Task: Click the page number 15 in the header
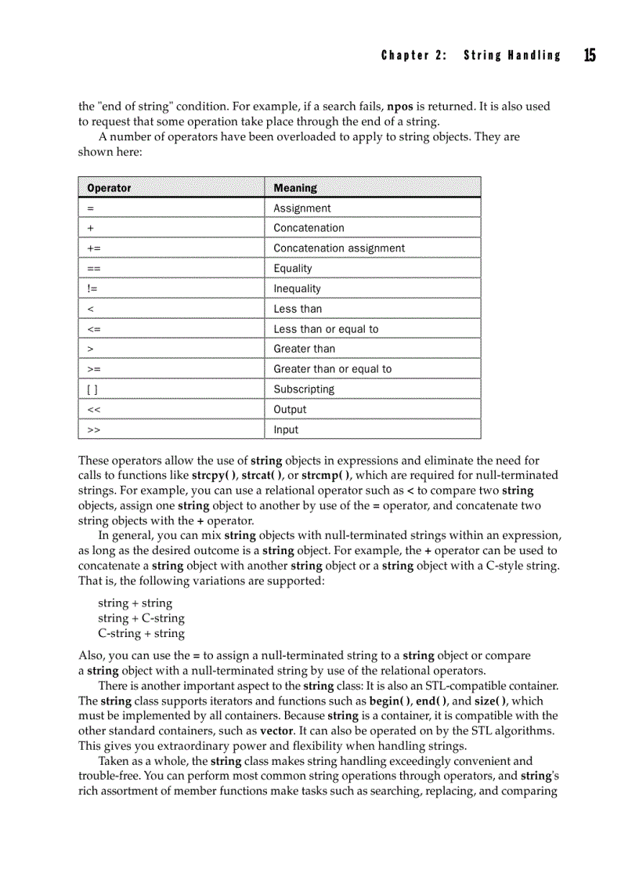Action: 589,55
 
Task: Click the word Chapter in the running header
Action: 405,56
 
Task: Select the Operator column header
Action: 109,188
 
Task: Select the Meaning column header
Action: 295,188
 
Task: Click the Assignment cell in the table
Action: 301,208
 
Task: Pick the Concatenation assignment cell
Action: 339,248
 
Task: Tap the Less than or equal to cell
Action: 326,329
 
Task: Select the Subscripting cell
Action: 304,389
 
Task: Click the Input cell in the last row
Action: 286,430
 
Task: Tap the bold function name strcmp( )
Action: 327,476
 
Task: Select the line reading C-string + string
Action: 141,634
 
